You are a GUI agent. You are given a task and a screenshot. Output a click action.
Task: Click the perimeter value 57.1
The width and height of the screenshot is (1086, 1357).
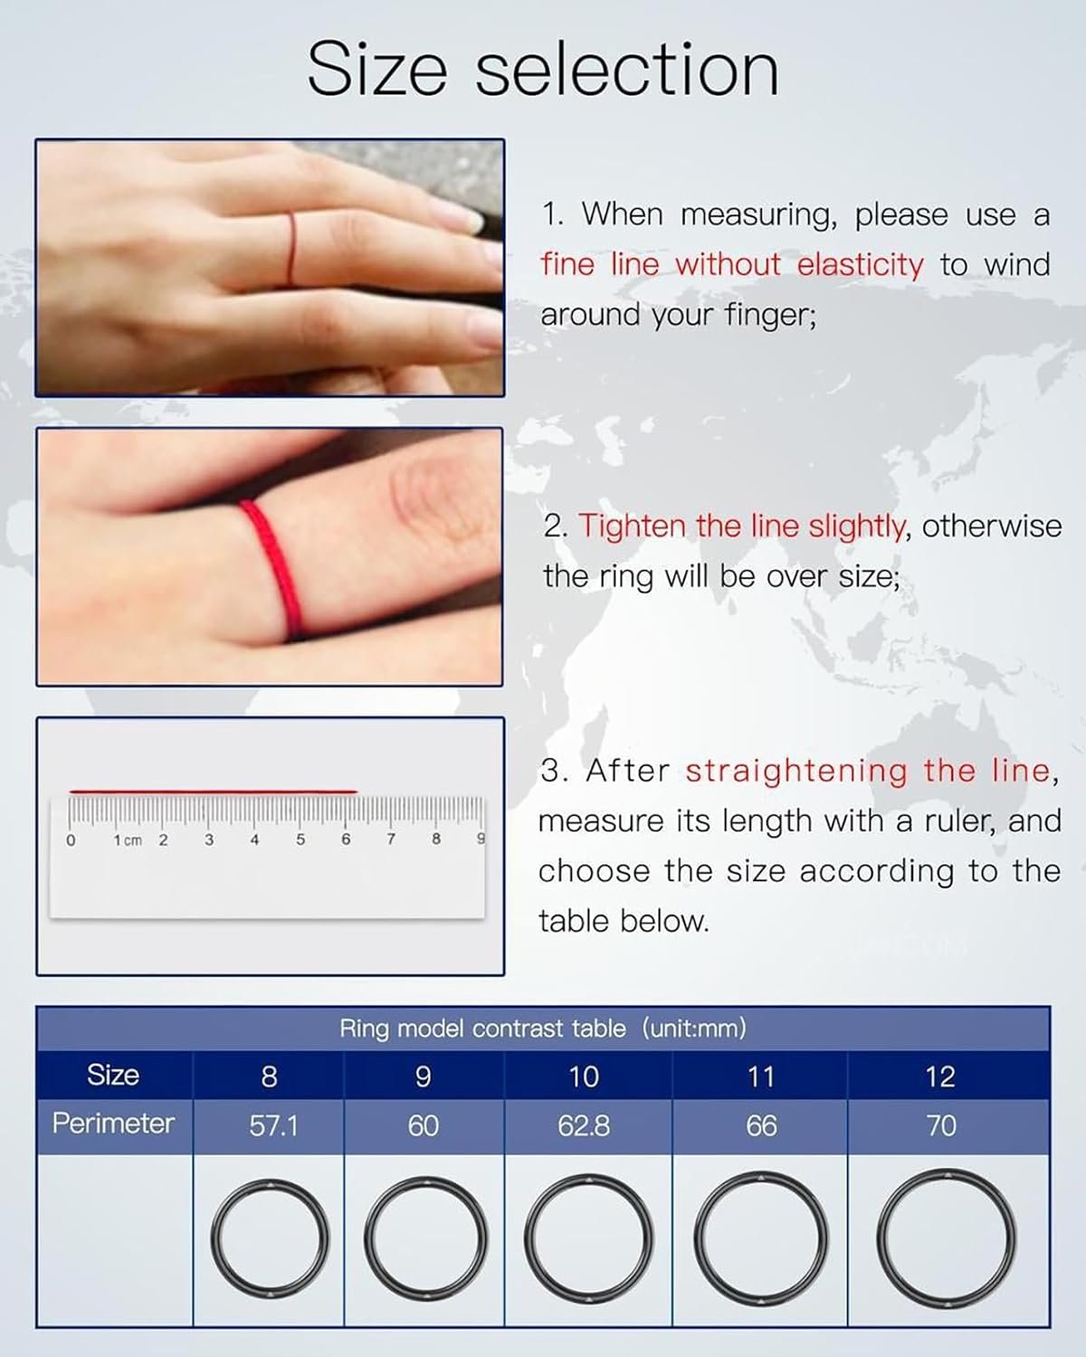tap(273, 1126)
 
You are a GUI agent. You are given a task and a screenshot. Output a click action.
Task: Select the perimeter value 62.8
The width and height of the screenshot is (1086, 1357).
tap(584, 1126)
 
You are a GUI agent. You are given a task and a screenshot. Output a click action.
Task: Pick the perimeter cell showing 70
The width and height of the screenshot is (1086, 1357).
tap(941, 1126)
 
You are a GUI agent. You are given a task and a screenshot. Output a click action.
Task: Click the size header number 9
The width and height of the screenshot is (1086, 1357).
tap(424, 1077)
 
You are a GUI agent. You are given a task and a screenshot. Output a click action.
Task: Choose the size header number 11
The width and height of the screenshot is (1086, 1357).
tap(760, 1077)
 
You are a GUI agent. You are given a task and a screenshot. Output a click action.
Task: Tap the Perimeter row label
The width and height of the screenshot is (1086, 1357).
tap(113, 1124)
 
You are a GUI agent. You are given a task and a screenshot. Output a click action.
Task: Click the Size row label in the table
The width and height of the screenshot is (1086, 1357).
tap(113, 1075)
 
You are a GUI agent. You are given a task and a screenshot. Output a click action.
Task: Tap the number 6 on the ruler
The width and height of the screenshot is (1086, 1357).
tap(346, 840)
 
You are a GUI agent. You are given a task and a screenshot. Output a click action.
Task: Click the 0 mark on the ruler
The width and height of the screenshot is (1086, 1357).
tap(71, 840)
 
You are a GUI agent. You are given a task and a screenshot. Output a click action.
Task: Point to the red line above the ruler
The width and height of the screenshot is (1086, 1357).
tap(214, 791)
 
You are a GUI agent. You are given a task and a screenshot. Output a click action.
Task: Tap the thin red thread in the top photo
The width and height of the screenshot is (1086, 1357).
tap(291, 248)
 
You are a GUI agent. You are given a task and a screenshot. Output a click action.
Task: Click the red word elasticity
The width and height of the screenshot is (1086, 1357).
tap(860, 265)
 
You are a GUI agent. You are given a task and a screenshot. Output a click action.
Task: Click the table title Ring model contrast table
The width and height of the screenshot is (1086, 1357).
tap(482, 1030)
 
